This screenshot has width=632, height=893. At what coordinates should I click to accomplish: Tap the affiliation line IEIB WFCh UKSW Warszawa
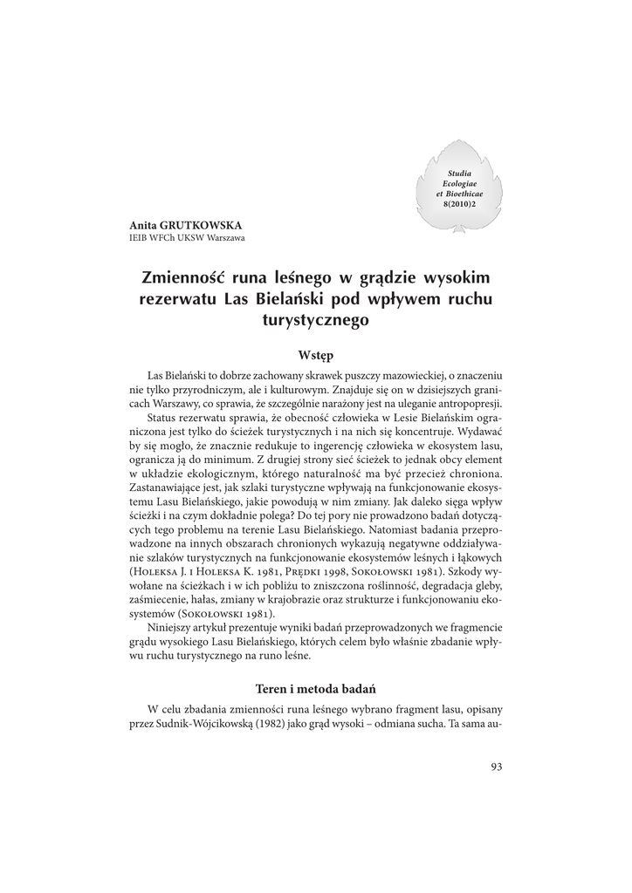point(187,238)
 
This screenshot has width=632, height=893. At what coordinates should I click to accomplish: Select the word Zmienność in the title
point(183,278)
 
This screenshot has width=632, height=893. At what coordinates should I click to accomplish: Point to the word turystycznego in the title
point(316,320)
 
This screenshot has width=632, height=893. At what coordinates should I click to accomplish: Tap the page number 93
point(497,767)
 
